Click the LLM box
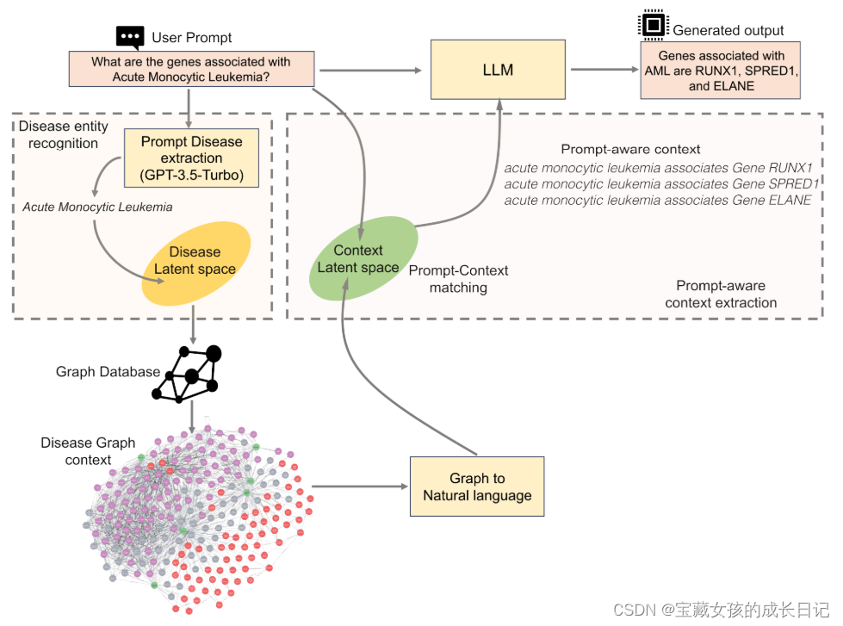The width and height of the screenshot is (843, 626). click(x=498, y=70)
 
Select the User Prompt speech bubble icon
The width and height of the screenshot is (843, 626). click(x=130, y=36)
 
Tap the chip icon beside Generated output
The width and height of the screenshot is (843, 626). click(x=652, y=26)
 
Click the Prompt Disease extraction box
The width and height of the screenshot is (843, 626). click(x=191, y=158)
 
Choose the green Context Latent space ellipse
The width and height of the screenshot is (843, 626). click(x=358, y=258)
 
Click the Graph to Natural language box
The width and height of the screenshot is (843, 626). click(x=477, y=487)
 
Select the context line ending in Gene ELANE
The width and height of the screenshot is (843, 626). click(x=657, y=200)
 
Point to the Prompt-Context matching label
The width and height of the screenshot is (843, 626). click(x=458, y=279)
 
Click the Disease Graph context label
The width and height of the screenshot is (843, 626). click(x=88, y=450)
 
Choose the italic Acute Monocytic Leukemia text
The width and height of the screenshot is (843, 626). click(x=97, y=207)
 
